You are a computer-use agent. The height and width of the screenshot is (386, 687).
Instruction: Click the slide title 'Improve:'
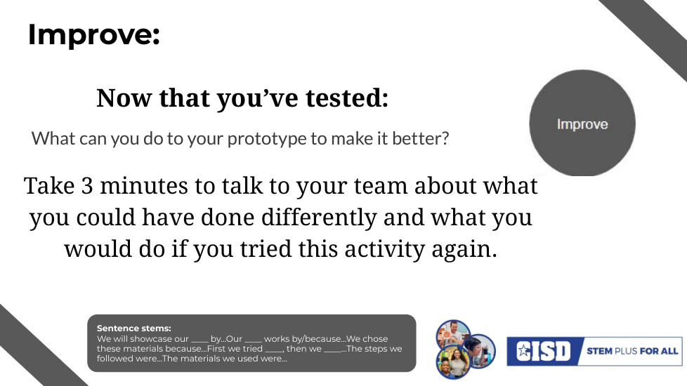93,34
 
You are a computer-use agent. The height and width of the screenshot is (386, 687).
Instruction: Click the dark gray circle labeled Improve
582,124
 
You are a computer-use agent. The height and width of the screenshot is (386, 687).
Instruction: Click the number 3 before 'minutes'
87,185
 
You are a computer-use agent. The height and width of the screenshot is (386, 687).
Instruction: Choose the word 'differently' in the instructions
319,218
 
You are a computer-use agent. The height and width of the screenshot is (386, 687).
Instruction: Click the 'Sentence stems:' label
134,328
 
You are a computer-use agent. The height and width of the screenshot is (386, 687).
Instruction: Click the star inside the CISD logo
523,350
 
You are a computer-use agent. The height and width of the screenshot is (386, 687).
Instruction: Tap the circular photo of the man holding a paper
453,335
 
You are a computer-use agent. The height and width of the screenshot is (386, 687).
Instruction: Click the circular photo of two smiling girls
453,362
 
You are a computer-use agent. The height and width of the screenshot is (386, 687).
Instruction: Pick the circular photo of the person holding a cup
480,351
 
